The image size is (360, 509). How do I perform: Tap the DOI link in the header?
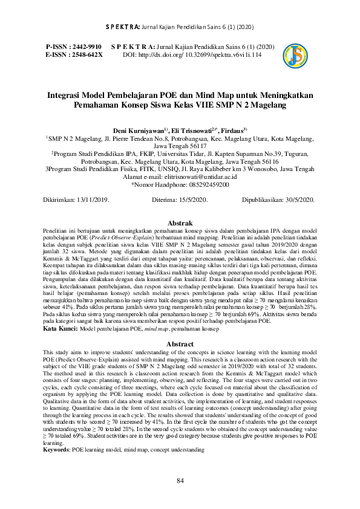209,54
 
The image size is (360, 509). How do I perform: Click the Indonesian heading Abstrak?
180,223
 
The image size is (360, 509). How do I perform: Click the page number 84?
180,481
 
